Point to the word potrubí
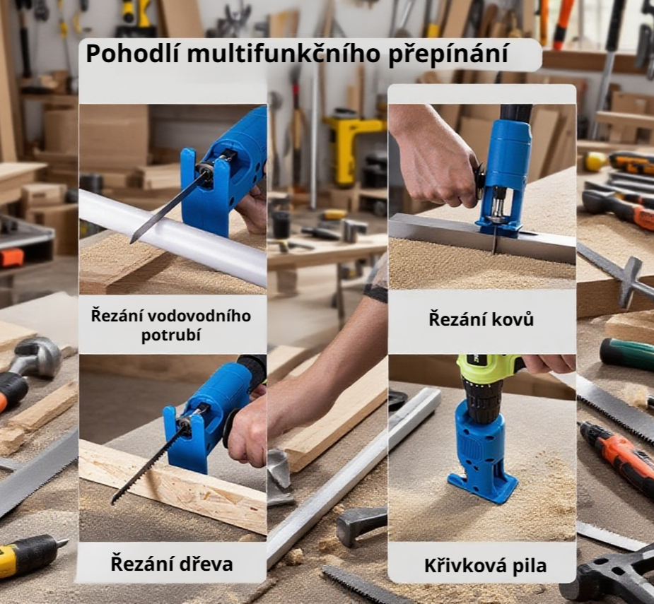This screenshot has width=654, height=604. tap(171, 334)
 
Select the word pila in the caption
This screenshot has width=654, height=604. tap(527, 566)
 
